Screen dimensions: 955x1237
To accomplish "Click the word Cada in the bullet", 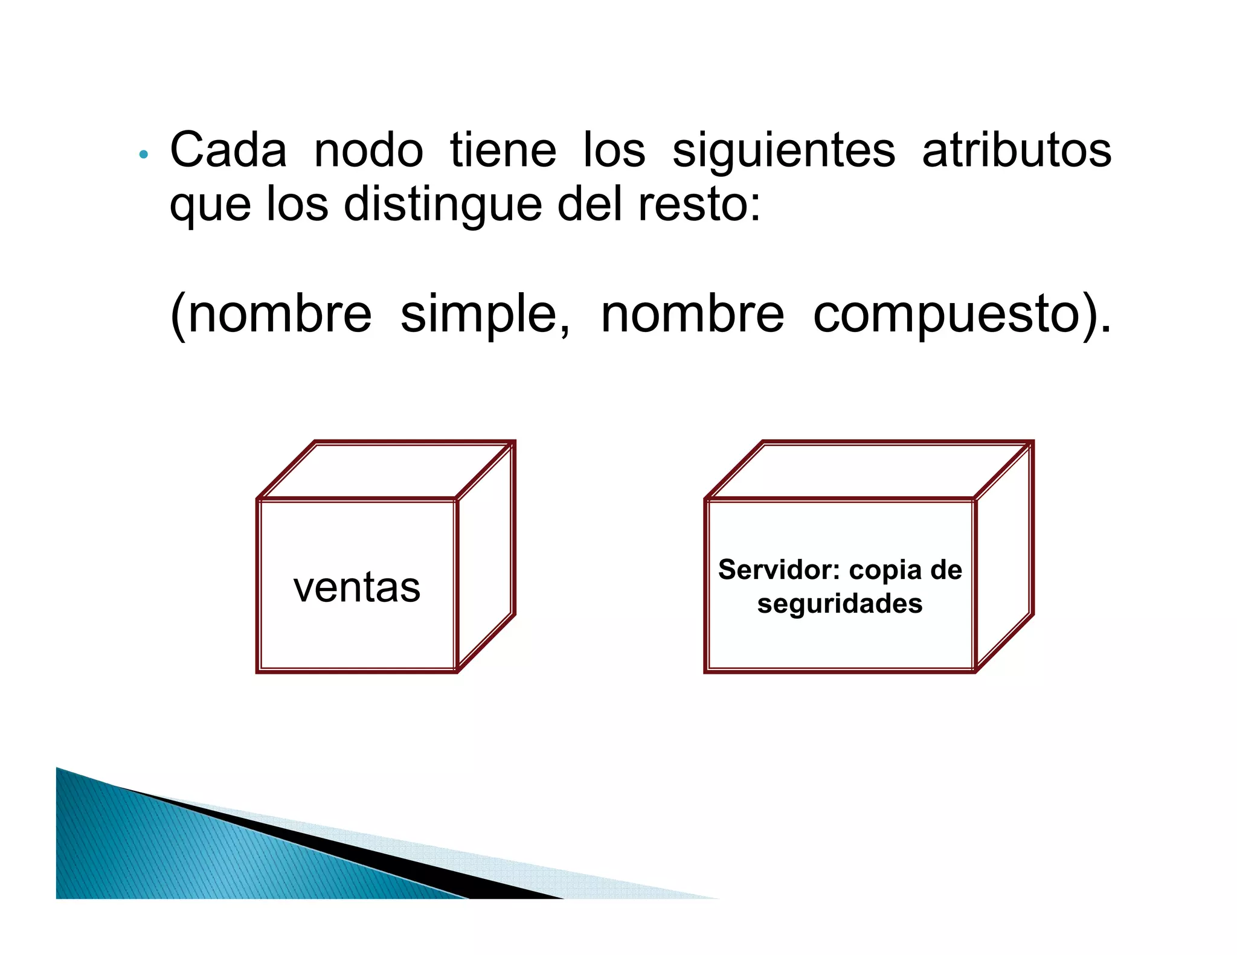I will (228, 150).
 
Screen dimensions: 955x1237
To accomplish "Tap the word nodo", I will (368, 150).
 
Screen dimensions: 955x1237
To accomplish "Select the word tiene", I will (503, 150).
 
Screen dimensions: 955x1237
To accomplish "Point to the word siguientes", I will (783, 152).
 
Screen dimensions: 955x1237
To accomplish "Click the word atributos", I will (1017, 150).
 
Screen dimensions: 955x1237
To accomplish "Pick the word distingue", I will (443, 205).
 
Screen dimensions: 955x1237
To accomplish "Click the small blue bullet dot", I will (143, 155).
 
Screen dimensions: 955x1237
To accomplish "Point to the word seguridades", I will (840, 604).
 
